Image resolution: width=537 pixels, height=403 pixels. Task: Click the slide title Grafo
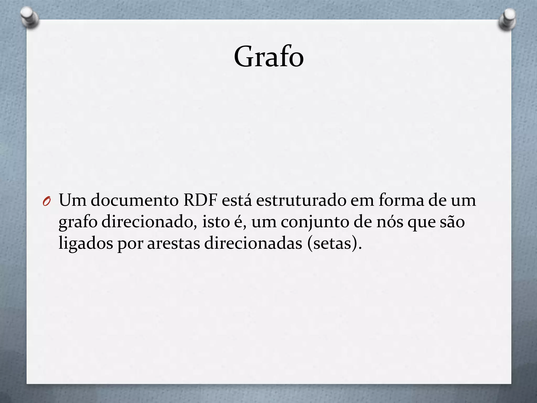point(269,57)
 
